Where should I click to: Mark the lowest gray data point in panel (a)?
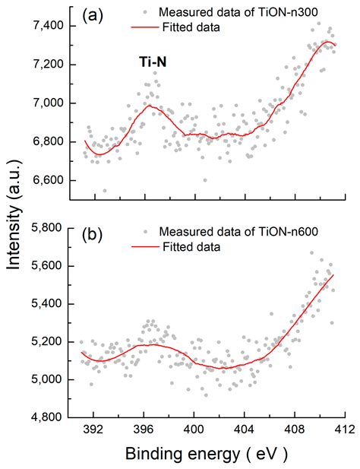point(104,191)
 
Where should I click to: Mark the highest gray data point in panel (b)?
point(310,252)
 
